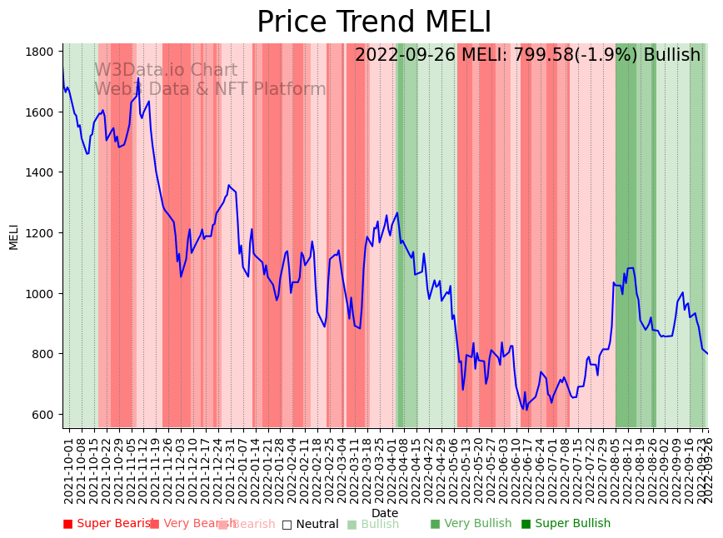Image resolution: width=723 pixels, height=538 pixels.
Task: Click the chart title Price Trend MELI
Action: (x=374, y=22)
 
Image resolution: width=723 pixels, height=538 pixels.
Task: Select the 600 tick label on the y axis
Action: (x=43, y=415)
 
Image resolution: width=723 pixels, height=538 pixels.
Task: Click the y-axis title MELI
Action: (x=13, y=236)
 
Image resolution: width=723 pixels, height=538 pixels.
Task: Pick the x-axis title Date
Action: (x=385, y=513)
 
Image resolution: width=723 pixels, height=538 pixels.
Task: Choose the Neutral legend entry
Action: (x=310, y=524)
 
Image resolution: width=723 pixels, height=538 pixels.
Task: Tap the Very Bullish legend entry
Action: (x=471, y=524)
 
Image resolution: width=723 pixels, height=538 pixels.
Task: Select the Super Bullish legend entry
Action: (x=566, y=524)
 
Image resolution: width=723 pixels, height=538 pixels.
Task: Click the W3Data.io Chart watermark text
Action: (x=166, y=70)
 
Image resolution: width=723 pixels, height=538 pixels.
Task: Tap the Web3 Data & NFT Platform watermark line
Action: (x=210, y=89)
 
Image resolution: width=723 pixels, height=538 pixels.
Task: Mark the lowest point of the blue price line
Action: (x=526, y=410)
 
